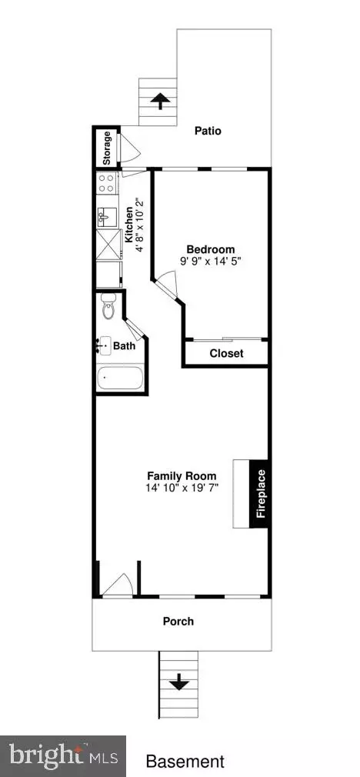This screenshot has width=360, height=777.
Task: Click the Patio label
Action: click(x=208, y=132)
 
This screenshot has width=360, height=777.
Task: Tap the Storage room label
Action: click(x=106, y=148)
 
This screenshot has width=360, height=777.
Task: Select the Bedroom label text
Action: click(x=211, y=249)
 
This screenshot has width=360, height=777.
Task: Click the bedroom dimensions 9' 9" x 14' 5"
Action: click(x=211, y=260)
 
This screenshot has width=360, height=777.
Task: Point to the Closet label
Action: click(x=226, y=354)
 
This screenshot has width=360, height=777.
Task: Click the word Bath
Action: click(x=124, y=346)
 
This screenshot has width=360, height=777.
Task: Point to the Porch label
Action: click(x=178, y=621)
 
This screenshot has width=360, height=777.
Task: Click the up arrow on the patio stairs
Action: click(x=158, y=101)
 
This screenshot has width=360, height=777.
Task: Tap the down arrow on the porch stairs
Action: click(x=178, y=683)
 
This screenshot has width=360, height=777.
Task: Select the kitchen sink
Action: click(x=107, y=216)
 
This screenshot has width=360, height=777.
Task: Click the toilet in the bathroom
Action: click(x=108, y=306)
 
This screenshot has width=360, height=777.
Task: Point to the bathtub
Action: click(x=120, y=378)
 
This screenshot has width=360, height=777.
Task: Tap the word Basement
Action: click(x=185, y=761)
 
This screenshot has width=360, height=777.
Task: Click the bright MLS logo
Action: click(x=63, y=757)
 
